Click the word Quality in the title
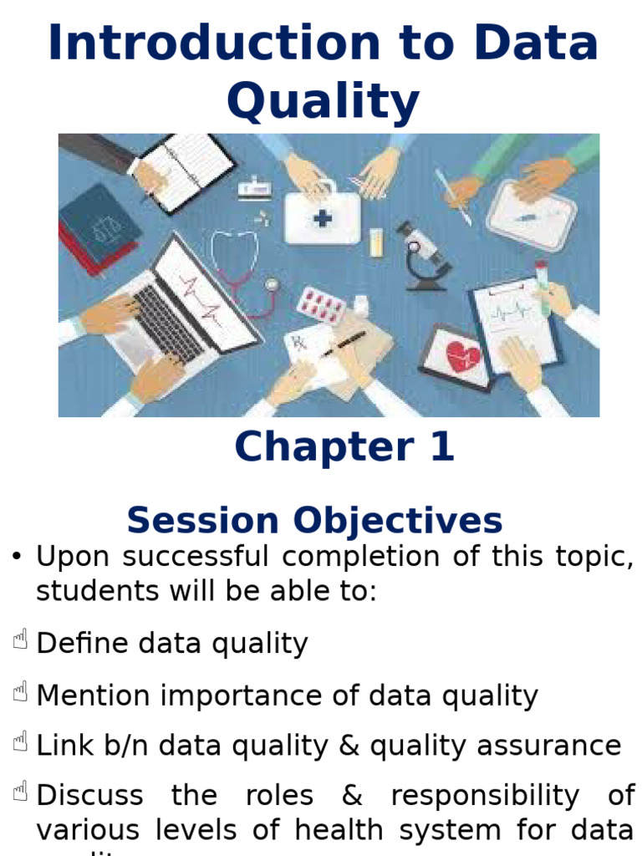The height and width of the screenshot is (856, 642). point(323,101)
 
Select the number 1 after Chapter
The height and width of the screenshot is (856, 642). point(441,446)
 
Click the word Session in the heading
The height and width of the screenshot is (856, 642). point(201,521)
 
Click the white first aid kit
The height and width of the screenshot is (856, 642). point(322,214)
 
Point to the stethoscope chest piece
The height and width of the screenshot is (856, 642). point(271,284)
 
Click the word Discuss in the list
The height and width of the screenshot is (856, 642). point(91,795)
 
